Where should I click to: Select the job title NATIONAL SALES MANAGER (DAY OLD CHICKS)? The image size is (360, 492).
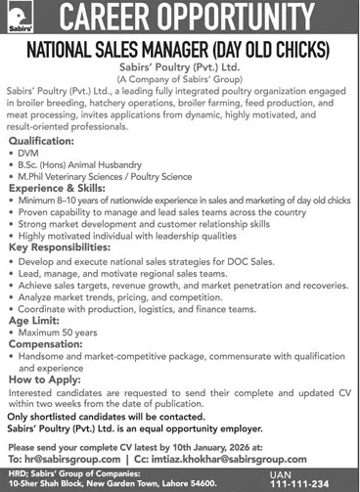(x=180, y=47)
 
